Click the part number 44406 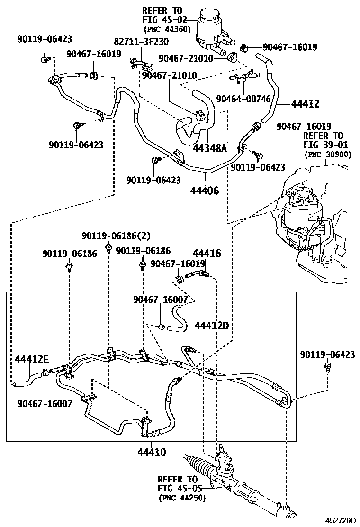[x=205, y=191]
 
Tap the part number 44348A [x=209, y=149]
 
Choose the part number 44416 [x=207, y=254]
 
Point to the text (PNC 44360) [x=166, y=29]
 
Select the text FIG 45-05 [x=180, y=489]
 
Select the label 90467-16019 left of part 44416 [x=178, y=263]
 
